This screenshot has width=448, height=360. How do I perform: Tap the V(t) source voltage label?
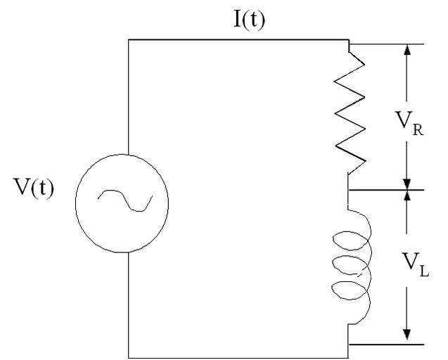tap(34, 189)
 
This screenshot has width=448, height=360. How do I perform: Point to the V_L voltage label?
tap(412, 268)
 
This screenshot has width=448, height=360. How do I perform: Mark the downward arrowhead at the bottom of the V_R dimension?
tap(407, 184)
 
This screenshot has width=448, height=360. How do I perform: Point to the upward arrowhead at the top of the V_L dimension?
tap(407, 197)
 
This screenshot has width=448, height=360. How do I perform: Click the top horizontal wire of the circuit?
tap(239, 40)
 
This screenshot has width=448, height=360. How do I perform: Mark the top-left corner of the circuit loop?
tap(129, 40)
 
